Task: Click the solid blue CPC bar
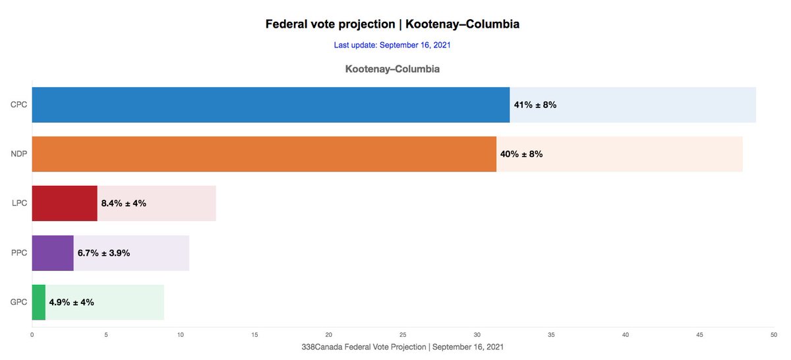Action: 270,105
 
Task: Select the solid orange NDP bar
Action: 264,154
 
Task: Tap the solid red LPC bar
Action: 65,204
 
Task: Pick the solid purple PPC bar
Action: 53,253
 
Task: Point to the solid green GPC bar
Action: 39,303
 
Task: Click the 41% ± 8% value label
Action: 535,105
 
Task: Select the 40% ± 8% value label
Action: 521,154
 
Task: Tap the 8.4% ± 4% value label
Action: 123,204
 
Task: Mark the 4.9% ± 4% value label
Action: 71,303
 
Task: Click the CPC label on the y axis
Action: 18,105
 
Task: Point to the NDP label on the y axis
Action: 18,154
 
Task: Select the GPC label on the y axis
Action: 18,303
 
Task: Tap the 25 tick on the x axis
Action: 403,335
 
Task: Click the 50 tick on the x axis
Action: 773,335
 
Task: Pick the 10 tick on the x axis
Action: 181,335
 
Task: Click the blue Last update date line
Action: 392,45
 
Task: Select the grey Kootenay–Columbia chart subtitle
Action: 392,69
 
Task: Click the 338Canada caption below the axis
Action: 402,346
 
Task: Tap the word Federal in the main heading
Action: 287,24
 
